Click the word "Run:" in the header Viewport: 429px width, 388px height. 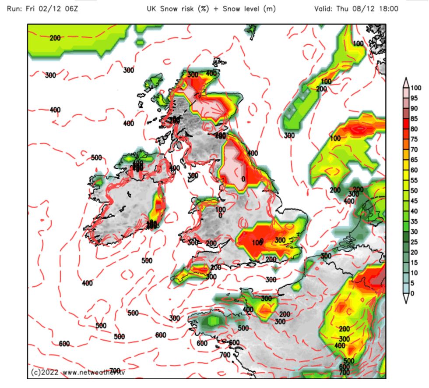click(x=16, y=9)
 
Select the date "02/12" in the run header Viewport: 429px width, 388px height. click(x=51, y=9)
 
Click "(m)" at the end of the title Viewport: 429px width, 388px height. click(x=268, y=9)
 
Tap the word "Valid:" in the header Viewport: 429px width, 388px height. click(x=324, y=9)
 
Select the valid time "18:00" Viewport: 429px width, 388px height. click(x=387, y=9)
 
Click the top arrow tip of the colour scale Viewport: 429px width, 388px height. click(x=406, y=78)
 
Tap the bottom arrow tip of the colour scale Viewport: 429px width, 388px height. click(x=406, y=303)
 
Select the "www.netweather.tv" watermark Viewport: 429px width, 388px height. click(x=96, y=373)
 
